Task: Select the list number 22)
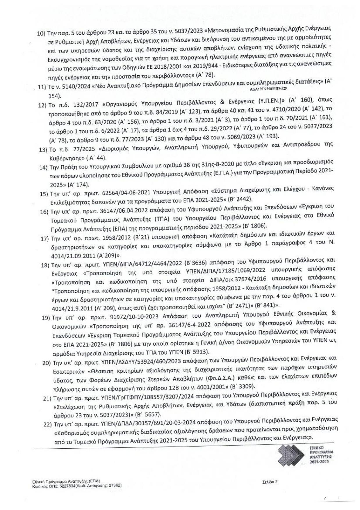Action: [47, 424]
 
